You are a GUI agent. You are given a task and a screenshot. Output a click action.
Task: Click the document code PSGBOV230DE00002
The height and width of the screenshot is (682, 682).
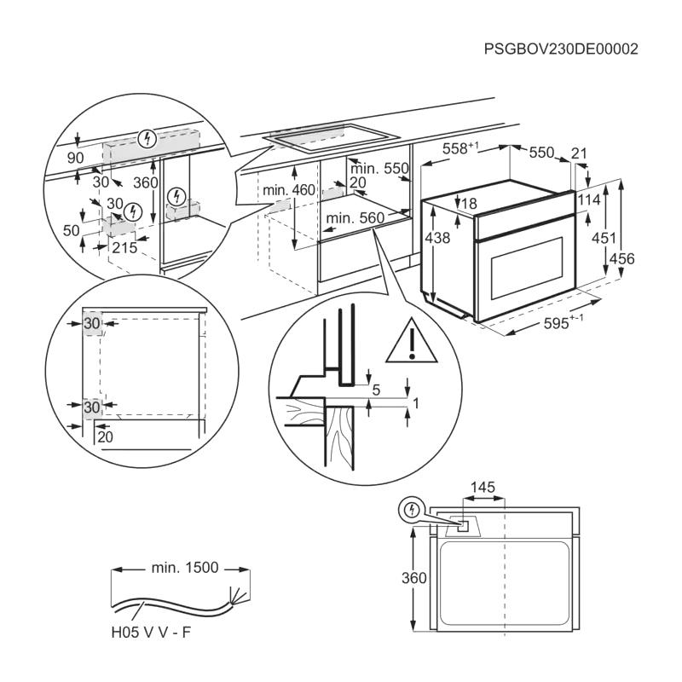[x=561, y=49]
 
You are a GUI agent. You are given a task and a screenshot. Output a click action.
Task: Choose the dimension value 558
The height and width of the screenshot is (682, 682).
[x=460, y=148]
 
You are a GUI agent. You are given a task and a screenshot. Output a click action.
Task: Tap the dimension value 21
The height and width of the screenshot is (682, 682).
[x=580, y=153]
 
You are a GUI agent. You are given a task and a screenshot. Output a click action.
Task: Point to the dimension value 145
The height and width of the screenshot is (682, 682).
[x=482, y=488]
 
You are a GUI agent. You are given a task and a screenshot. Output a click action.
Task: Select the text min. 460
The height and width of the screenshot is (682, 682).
[x=289, y=189]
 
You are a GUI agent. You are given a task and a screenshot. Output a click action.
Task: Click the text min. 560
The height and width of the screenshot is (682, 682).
[x=355, y=218]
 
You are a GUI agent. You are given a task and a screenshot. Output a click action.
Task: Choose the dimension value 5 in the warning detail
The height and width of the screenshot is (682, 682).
[x=376, y=390]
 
